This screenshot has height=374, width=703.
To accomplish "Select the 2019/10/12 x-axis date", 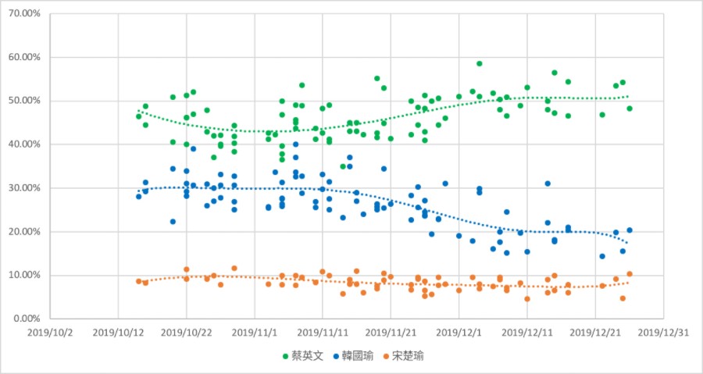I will click(x=118, y=332).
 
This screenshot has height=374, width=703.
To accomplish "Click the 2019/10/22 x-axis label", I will click(x=186, y=332).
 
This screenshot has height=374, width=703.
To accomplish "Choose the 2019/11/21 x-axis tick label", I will click(x=391, y=332).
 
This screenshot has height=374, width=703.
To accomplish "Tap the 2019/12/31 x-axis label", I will click(x=663, y=332).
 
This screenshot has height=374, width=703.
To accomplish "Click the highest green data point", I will click(x=479, y=64).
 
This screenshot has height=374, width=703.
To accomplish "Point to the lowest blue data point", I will click(x=602, y=256).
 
